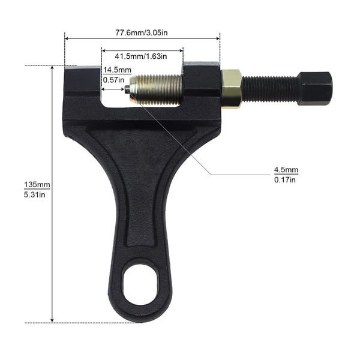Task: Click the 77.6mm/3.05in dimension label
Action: pos(142,32)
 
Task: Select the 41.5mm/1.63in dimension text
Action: pos(141,56)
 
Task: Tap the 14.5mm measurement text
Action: pos(118,70)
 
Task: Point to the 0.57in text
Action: pos(113,80)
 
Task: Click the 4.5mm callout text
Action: pos(286,170)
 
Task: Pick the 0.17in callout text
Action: pos(284,179)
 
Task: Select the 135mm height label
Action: pos(37,185)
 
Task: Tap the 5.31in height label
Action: pos(34,194)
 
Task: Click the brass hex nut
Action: pos(231,89)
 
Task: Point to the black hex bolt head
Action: pos(315,88)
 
